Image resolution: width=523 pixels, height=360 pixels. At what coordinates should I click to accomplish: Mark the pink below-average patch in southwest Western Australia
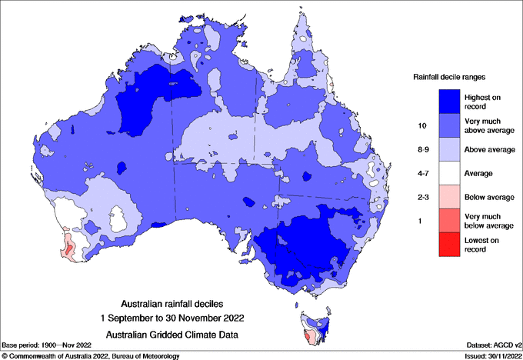(x=68, y=248)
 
